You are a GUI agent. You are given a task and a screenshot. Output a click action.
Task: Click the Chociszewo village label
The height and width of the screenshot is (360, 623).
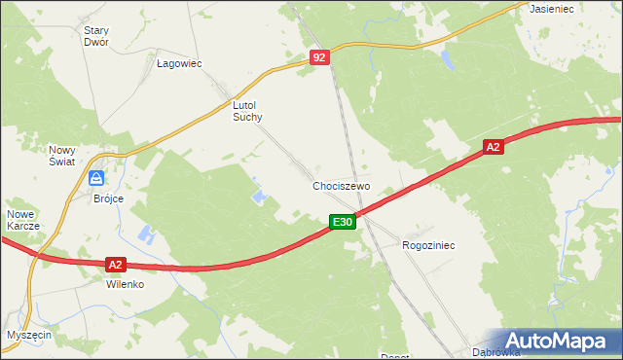(342, 185)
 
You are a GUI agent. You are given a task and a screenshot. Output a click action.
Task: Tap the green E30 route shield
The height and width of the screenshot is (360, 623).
(342, 223)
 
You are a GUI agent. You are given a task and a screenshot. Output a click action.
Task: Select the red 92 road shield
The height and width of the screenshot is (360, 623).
(321, 58)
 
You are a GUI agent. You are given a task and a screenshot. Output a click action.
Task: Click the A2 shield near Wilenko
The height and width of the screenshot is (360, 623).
(116, 264)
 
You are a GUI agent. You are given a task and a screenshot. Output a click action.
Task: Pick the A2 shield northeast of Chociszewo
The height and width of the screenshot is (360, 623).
(494, 147)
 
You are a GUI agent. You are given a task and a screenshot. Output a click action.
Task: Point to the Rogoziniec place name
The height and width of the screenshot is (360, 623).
(428, 246)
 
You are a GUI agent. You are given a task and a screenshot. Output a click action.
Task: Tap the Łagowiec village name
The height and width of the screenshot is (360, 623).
(179, 63)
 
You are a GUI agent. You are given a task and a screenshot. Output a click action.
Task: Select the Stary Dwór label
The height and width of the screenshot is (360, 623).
(95, 36)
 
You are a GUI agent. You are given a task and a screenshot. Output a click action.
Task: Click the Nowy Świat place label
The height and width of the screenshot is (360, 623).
(62, 156)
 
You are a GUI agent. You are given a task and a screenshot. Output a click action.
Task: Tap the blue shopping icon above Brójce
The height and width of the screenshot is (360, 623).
(97, 178)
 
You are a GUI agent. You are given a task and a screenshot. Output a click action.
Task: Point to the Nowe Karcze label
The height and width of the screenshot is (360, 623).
(22, 220)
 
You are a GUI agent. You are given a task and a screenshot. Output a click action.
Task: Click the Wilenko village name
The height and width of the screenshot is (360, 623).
(125, 285)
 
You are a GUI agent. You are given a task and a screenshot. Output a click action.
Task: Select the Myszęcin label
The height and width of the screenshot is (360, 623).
(28, 334)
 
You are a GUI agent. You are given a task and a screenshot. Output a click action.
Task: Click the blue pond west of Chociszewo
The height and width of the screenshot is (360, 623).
(260, 197)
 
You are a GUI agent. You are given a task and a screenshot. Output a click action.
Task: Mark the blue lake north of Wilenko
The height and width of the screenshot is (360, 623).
(146, 234)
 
